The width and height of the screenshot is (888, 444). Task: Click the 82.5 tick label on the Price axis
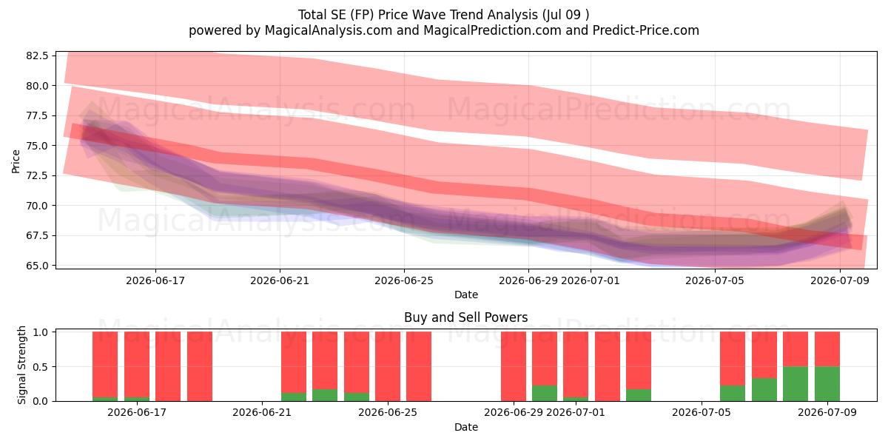(x=37, y=55)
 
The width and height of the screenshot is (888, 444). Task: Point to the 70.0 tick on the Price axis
(x=37, y=206)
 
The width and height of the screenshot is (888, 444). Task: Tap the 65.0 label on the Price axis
(x=37, y=266)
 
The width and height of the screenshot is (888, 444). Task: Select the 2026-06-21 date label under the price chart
(x=280, y=280)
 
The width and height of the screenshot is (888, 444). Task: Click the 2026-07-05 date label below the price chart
(x=715, y=280)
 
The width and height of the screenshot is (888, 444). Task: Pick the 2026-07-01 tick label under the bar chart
(x=576, y=412)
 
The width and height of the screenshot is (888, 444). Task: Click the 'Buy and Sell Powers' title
(x=465, y=317)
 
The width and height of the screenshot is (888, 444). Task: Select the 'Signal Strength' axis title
(x=21, y=365)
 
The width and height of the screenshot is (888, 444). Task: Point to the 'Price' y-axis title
(x=16, y=161)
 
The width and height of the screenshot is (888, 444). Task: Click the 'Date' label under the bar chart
(x=465, y=427)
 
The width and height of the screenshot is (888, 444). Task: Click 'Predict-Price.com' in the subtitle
(x=646, y=30)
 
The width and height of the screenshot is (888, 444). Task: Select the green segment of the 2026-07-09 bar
(x=827, y=384)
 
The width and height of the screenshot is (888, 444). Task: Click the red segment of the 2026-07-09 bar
(x=827, y=349)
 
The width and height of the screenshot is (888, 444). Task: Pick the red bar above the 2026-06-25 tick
(x=388, y=366)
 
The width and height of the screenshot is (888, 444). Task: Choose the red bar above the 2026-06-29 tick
(x=514, y=366)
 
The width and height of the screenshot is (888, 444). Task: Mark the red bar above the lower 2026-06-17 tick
(x=137, y=365)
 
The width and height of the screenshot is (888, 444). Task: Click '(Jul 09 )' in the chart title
(x=565, y=15)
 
